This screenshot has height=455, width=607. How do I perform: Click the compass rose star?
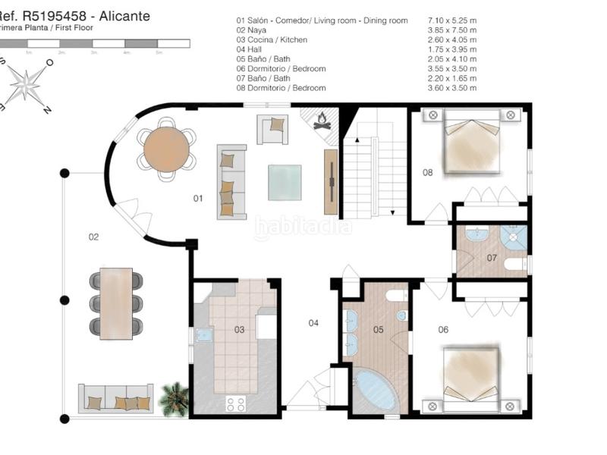[x=27, y=84]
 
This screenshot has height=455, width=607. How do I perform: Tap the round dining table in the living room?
[x=166, y=149]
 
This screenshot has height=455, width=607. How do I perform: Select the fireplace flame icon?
[x=322, y=121]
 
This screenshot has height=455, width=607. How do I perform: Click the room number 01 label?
[x=198, y=199]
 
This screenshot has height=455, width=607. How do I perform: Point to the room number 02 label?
[x=93, y=237]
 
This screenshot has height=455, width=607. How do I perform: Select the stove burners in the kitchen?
[x=236, y=403]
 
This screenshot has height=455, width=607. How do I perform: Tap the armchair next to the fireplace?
[x=273, y=129]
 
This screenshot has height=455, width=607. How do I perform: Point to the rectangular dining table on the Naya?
[x=116, y=303]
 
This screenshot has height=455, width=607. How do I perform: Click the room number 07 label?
[x=492, y=258]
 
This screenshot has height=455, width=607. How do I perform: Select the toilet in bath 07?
[x=516, y=265]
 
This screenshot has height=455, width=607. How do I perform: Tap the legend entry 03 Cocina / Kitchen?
[x=272, y=39]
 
